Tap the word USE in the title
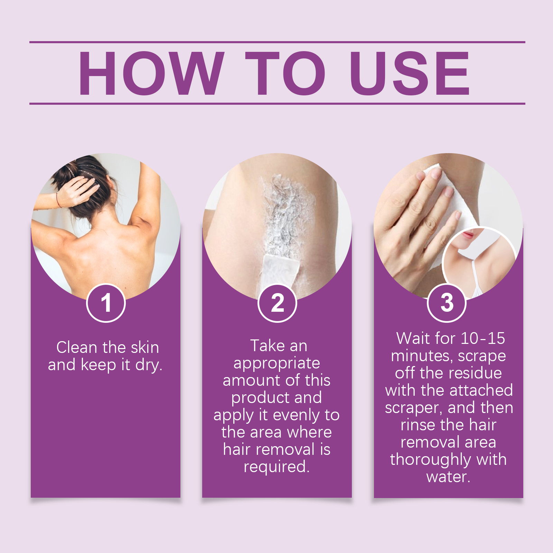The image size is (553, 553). pyautogui.click(x=410, y=73)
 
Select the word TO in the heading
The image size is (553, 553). pyautogui.click(x=285, y=73)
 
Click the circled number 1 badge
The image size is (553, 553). pyautogui.click(x=106, y=303)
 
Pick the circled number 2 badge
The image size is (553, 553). pyautogui.click(x=277, y=303)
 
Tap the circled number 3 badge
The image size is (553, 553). pyautogui.click(x=447, y=303)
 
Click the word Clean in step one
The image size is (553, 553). pyautogui.click(x=76, y=347)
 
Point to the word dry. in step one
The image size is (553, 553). pyautogui.click(x=149, y=365)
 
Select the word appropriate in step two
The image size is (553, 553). pyautogui.click(x=276, y=363)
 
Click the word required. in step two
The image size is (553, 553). pyautogui.click(x=276, y=467)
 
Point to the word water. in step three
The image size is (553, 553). pyautogui.click(x=448, y=477)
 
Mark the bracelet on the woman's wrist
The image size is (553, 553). pyautogui.click(x=59, y=200)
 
